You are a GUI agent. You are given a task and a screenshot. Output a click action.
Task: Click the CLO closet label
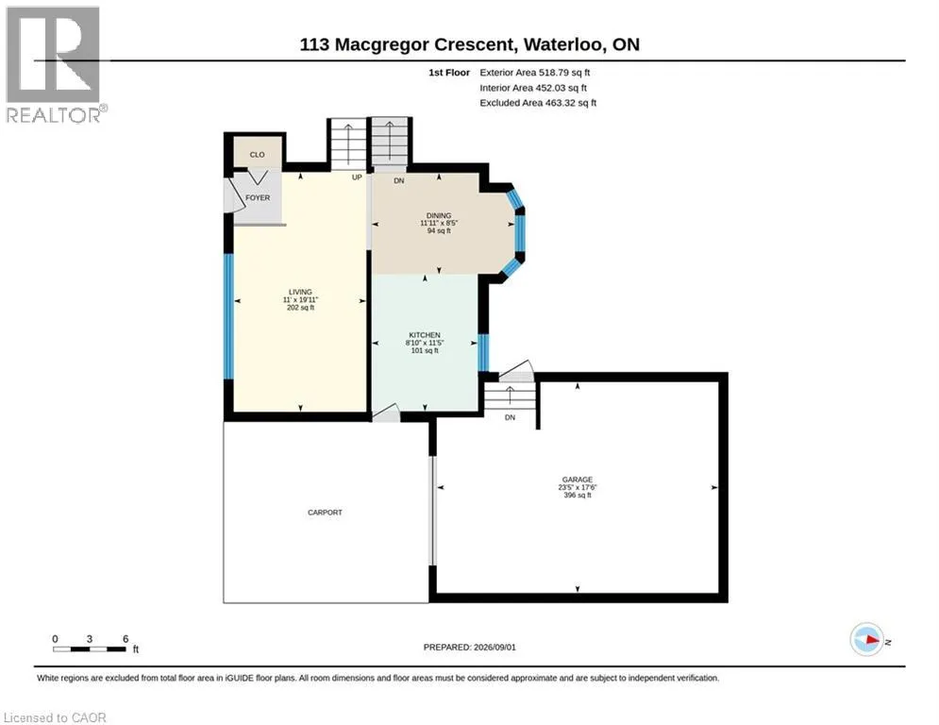257,155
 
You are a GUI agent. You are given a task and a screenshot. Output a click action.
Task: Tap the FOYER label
258,197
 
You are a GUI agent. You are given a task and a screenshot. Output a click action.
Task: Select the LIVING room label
300,292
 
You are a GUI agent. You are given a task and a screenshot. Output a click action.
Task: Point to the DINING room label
439,215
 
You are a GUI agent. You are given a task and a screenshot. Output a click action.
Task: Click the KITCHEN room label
425,335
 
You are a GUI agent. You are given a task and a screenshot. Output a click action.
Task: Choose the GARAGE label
578,480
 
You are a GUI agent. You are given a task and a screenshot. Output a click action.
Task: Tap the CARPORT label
326,513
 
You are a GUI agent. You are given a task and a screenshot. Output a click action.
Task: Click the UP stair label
357,177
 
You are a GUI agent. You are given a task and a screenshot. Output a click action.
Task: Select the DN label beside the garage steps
510,417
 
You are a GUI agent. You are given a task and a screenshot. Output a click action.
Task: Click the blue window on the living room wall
228,316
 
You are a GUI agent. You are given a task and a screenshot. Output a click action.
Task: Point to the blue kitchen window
483,352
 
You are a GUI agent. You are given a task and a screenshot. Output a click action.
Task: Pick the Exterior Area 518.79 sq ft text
535,73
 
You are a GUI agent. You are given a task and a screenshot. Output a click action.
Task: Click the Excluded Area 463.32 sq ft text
538,103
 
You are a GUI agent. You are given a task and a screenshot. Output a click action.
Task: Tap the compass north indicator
867,640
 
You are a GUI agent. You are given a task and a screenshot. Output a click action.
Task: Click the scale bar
90,649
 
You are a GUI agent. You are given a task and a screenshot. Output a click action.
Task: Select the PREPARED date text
470,647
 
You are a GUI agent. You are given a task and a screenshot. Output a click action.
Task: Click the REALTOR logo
56,65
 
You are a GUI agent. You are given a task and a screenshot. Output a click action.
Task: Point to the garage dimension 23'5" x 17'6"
578,488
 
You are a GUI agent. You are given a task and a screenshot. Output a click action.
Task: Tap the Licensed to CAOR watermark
55,717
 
